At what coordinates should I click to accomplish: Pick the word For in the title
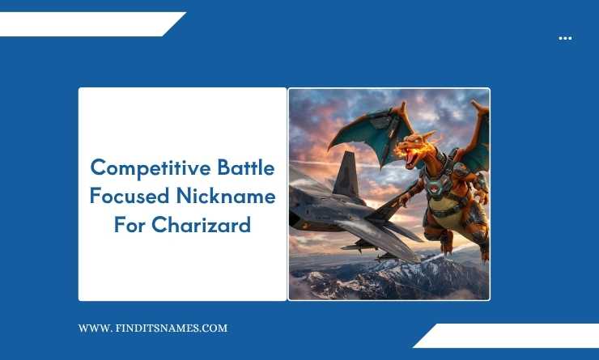pyautogui.click(x=128, y=224)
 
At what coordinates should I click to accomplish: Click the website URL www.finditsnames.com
pyautogui.click(x=152, y=328)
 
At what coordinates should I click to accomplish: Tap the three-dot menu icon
pyautogui.click(x=565, y=38)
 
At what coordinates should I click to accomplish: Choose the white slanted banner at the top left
pyautogui.click(x=89, y=24)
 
